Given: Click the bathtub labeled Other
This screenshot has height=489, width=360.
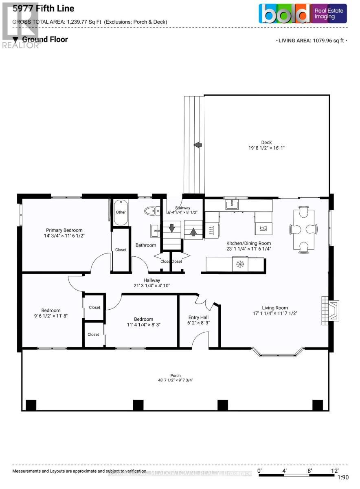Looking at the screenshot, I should pos(121,212).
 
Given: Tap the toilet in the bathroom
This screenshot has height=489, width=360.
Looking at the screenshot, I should pos(151,210).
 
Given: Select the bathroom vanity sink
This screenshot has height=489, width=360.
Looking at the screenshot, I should pos(155,231).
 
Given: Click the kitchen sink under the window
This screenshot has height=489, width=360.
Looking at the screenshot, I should pos(232,204).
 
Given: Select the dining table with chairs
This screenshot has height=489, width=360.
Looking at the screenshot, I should pos(303,229).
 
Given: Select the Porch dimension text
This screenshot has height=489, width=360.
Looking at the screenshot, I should pos(176,381).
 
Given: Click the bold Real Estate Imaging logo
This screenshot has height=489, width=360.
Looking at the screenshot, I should pos(303,13).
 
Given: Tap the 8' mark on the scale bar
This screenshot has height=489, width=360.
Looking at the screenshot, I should pos(310,470).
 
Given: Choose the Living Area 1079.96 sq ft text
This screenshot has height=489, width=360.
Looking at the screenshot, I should pos(312,40).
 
